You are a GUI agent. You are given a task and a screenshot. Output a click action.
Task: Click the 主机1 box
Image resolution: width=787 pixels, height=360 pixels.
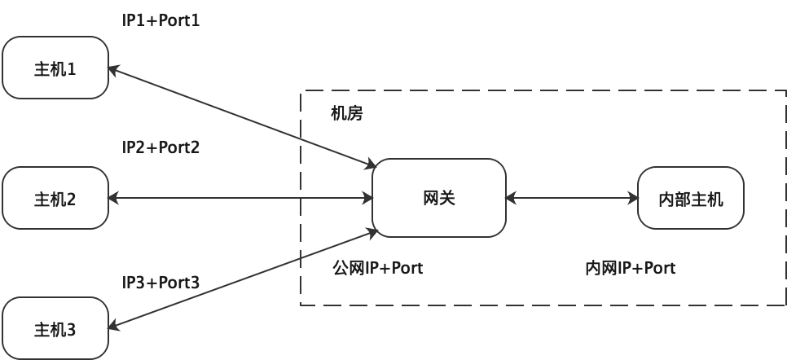coord(55,68)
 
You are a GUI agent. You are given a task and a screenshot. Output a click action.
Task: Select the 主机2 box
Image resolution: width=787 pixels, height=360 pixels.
coord(55,198)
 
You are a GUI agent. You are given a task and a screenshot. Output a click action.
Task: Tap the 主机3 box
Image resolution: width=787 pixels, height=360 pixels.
coord(55,328)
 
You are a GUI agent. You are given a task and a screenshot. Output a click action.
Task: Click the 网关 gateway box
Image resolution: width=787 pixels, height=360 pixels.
coord(439,198)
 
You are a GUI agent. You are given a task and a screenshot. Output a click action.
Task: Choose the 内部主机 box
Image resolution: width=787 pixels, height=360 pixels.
coord(690,198)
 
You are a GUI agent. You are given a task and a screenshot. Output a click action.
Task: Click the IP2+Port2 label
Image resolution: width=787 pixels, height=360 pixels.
coord(160,147)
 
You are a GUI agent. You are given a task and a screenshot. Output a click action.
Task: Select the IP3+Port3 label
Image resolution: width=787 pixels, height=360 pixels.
coord(160,283)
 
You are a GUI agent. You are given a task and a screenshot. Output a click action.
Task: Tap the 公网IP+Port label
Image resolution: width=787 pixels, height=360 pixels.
coord(378,268)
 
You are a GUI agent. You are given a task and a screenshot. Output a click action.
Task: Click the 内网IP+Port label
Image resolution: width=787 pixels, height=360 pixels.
coord(631,268)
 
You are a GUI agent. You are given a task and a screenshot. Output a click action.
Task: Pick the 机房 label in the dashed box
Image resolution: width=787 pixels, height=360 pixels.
coord(346,113)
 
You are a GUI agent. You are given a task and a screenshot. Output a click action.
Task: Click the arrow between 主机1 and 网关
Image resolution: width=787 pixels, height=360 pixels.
coord(241,117)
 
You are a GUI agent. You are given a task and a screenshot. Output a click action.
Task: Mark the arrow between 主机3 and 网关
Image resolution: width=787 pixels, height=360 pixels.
coord(244,279)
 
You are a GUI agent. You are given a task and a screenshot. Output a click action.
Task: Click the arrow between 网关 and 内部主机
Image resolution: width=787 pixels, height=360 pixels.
coord(571,198)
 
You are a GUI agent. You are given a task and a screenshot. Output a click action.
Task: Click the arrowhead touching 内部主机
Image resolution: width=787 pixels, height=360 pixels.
coord(632,198)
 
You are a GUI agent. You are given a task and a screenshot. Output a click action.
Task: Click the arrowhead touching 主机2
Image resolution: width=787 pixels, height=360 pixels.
coord(113,198)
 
